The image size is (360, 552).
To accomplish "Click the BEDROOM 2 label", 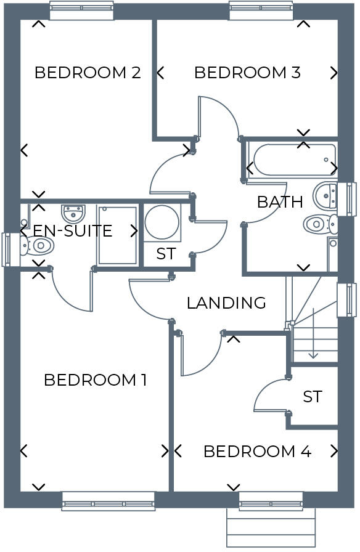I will pyautogui.click(x=88, y=73).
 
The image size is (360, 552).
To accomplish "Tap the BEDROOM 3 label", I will pyautogui.click(x=247, y=73).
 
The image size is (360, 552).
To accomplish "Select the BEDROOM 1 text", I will pyautogui.click(x=96, y=380).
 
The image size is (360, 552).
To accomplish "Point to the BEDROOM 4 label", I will pyautogui.click(x=257, y=452).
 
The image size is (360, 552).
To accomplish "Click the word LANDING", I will pyautogui.click(x=226, y=303).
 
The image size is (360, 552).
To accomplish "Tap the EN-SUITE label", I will pyautogui.click(x=73, y=231).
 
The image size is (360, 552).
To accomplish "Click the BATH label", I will pyautogui.click(x=280, y=201).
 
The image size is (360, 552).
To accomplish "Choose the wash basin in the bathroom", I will pyautogui.click(x=325, y=196).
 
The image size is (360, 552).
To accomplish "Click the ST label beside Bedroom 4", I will pyautogui.click(x=313, y=397).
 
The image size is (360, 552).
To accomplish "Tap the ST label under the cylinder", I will pyautogui.click(x=165, y=254).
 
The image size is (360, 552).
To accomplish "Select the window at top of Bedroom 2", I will pyautogui.click(x=81, y=11).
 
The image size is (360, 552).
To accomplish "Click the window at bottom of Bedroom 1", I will pyautogui.click(x=108, y=501).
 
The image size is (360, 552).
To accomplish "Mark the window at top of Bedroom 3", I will pyautogui.click(x=261, y=10).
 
